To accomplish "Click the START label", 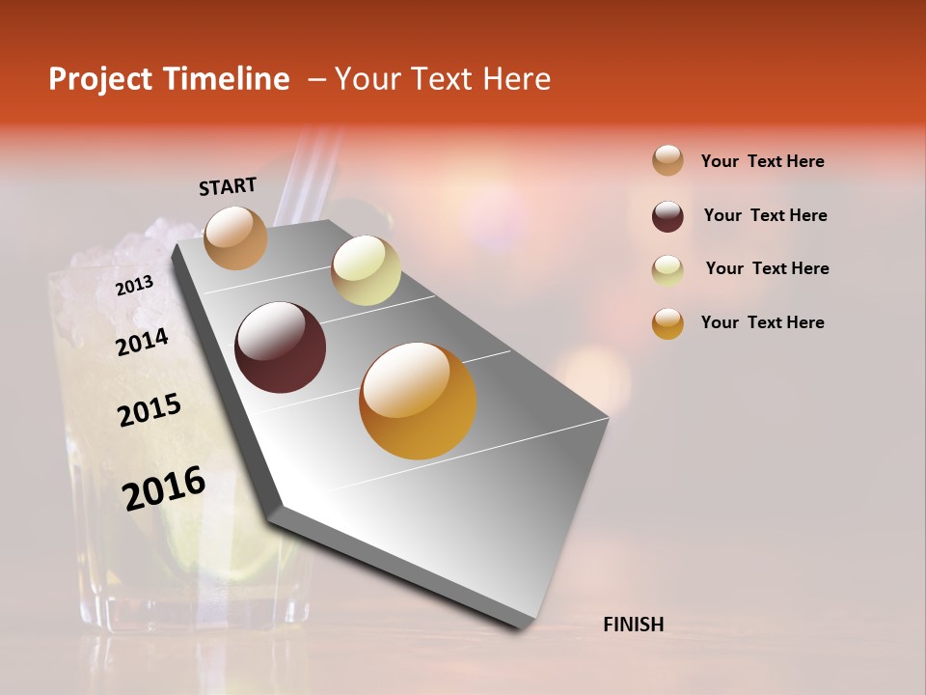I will point(228,186).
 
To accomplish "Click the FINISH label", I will point(634,625).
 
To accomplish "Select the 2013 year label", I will point(134,285).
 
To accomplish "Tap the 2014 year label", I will point(142,342).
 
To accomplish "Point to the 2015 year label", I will point(150,410).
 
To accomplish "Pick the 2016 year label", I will point(164,487).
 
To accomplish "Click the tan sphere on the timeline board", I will point(235,237).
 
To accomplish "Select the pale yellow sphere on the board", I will point(366,270).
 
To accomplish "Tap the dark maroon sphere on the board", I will point(281,347).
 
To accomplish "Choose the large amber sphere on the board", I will point(418,401).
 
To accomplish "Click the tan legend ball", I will point(667,160).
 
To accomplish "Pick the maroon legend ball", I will point(667,216).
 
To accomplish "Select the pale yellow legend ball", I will point(667,270).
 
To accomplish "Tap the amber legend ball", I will point(667,323).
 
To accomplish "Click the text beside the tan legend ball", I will point(762,161).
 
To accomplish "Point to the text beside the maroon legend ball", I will point(765,215).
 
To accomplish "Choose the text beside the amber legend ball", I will point(762,322).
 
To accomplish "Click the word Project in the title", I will point(100,79).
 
